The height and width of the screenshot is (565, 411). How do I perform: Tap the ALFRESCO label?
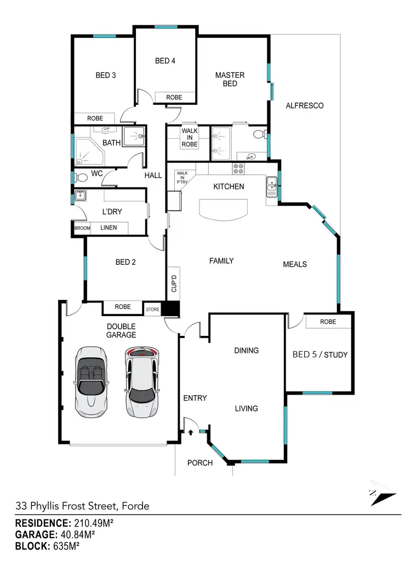tap(305, 105)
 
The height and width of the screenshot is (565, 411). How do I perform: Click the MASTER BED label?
tap(230, 79)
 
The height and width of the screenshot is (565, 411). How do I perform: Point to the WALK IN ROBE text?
tap(190, 138)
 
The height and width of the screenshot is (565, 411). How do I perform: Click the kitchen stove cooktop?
tap(239, 169)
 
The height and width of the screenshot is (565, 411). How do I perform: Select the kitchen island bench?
tap(224, 210)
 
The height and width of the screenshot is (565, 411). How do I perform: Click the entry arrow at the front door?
tap(191, 432)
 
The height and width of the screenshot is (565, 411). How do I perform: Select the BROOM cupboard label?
tap(82, 228)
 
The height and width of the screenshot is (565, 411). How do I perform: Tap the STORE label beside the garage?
tap(152, 310)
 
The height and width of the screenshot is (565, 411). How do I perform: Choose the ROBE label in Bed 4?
tap(174, 97)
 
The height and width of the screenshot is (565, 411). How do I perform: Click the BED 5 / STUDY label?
tap(320, 355)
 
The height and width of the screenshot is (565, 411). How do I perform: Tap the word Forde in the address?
tap(135, 506)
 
